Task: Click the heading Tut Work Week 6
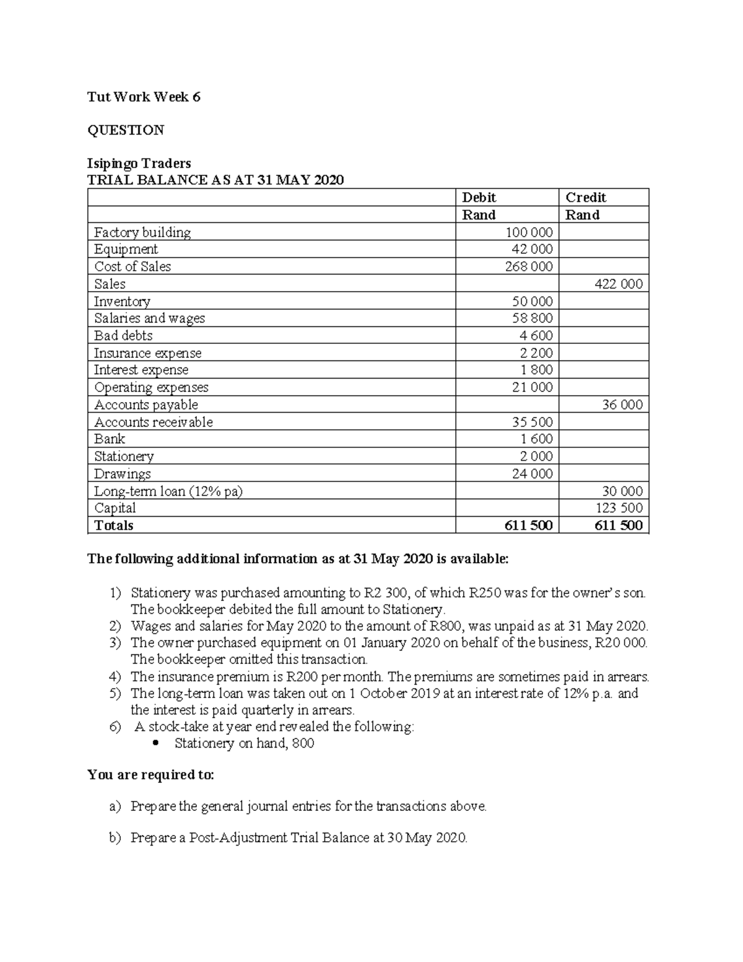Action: click(x=144, y=97)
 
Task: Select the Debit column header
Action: click(x=479, y=198)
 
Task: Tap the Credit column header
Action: click(x=585, y=198)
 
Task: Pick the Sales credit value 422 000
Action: click(x=619, y=284)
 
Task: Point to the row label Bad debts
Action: click(x=123, y=336)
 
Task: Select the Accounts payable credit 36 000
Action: click(x=622, y=405)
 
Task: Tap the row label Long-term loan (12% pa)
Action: click(x=168, y=491)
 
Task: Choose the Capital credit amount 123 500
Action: click(x=619, y=509)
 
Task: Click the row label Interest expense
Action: click(x=141, y=370)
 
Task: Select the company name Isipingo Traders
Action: click(x=139, y=164)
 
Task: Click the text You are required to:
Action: click(x=150, y=775)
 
